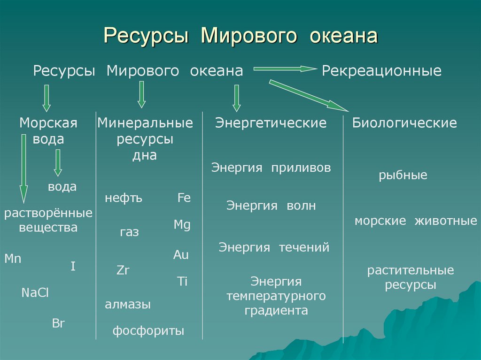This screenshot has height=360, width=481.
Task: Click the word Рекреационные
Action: tap(381, 71)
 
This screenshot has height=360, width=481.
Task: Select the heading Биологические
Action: tap(404, 123)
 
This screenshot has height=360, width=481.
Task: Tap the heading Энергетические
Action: tap(271, 123)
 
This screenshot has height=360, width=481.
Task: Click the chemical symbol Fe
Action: tap(184, 198)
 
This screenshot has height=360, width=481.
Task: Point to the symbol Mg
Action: tap(182, 225)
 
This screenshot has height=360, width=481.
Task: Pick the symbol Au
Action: tap(181, 255)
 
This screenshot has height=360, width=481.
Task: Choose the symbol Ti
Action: tap(182, 282)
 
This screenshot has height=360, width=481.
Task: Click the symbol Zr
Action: tap(123, 270)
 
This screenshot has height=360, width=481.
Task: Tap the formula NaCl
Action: tap(35, 293)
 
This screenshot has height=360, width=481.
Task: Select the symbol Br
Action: tap(58, 323)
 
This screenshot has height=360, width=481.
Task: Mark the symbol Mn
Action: tap(13, 259)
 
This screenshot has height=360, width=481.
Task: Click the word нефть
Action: tap(124, 198)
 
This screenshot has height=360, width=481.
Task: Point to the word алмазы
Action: tap(128, 305)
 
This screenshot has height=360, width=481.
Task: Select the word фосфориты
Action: tap(148, 331)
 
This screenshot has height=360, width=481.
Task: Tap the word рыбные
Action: tap(403, 176)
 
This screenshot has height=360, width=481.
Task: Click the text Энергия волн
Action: tap(271, 206)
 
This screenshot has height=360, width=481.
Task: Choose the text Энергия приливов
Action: tap(271, 168)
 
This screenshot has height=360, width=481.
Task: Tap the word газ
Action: tap(130, 232)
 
